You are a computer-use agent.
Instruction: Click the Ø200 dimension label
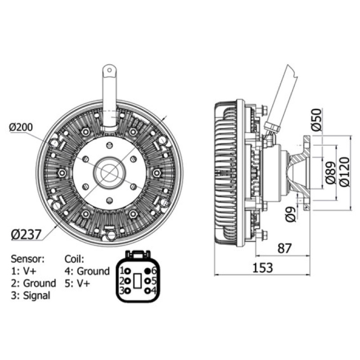point(21,127)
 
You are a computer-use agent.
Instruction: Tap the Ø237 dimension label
point(26,234)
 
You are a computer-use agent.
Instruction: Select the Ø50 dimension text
point(317,120)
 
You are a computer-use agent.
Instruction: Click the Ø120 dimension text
point(345,172)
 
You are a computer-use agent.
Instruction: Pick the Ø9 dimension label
point(291,214)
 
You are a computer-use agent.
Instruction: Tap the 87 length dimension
point(284,248)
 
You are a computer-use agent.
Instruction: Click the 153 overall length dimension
point(263,268)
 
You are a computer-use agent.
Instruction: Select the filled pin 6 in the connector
point(147,271)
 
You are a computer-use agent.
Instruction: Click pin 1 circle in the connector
point(128,271)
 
